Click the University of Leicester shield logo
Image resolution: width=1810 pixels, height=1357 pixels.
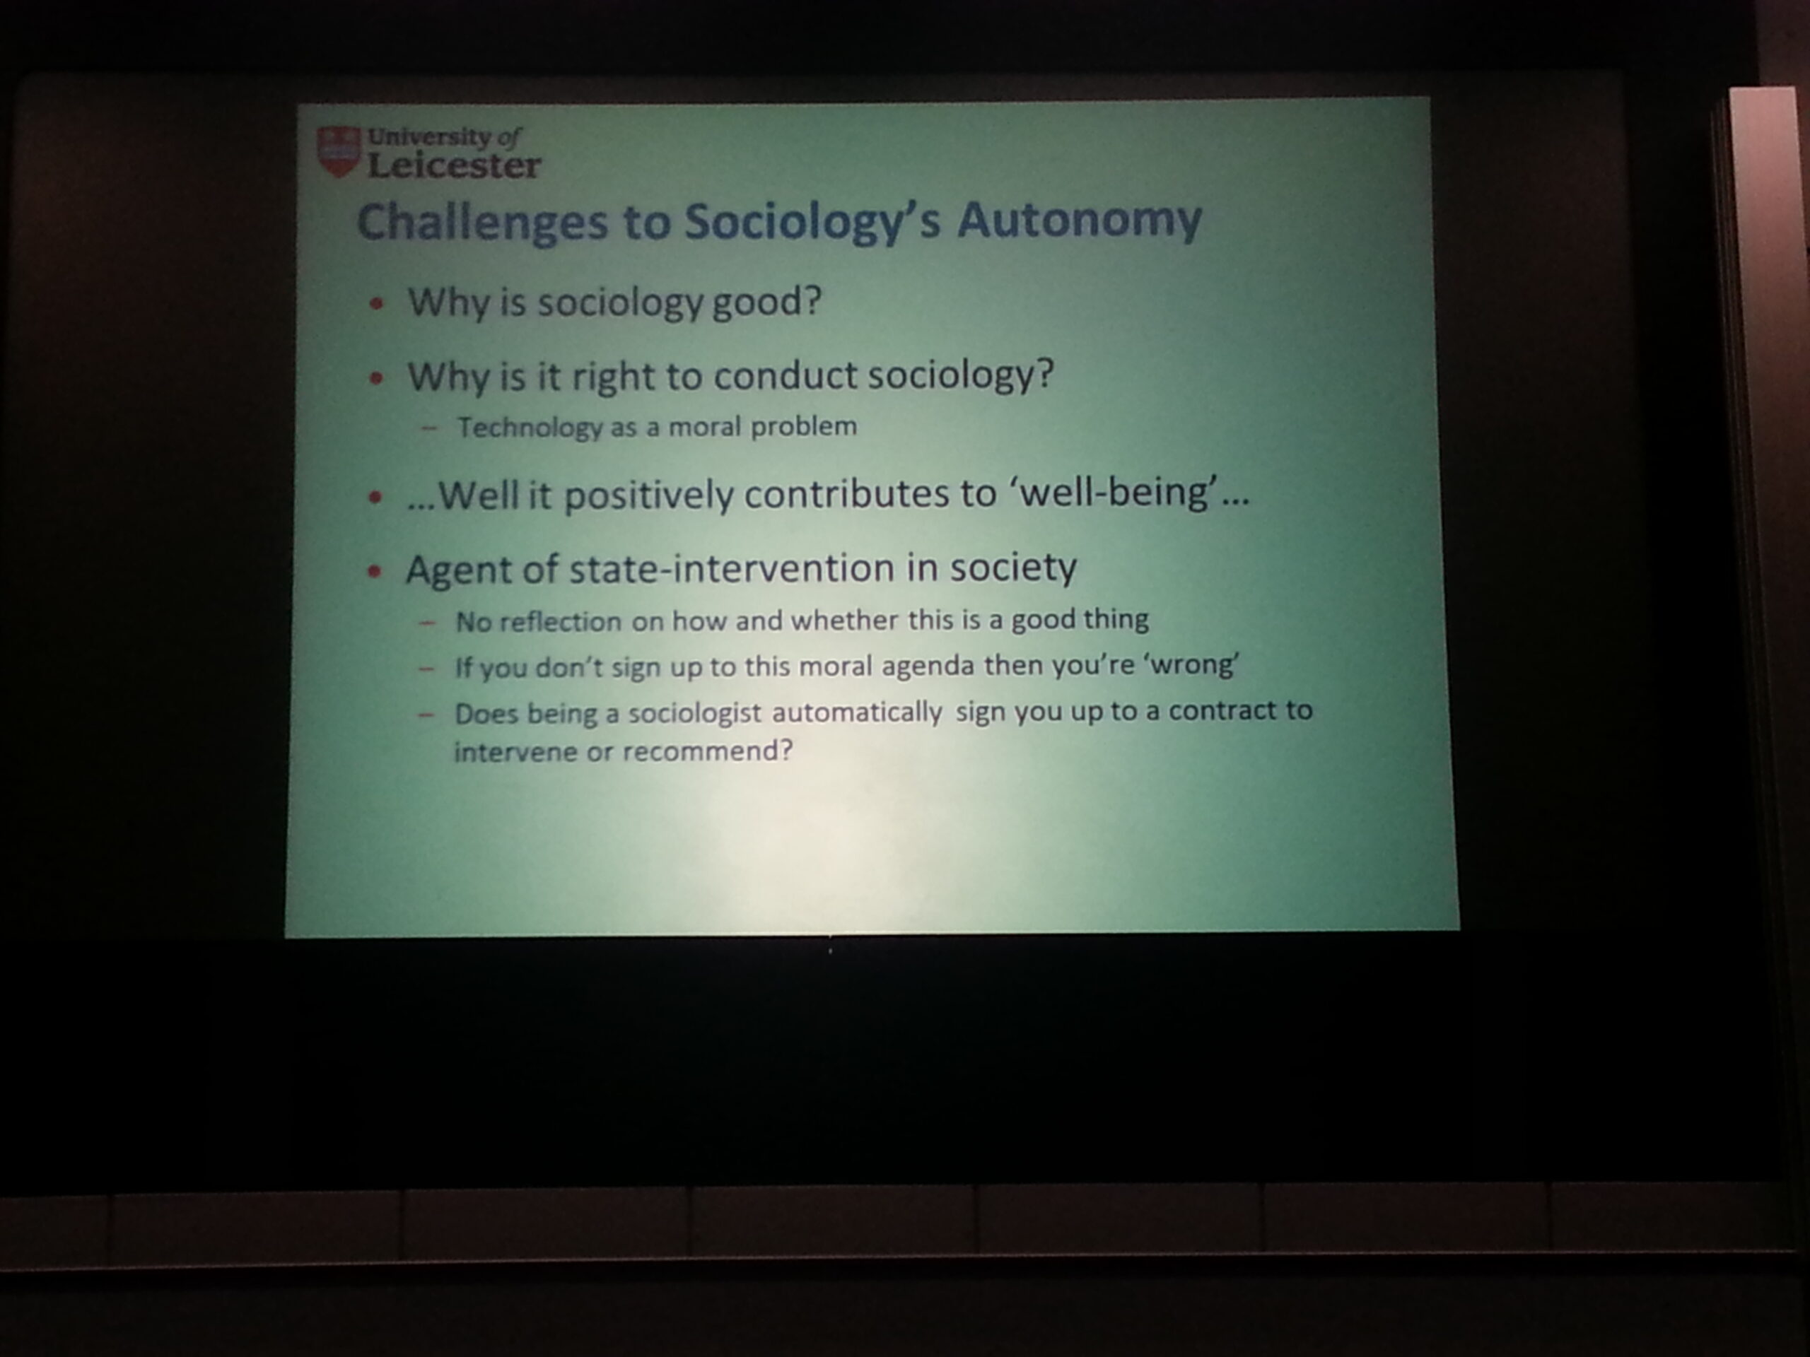click(339, 151)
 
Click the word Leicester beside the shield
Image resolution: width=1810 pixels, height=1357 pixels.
click(454, 166)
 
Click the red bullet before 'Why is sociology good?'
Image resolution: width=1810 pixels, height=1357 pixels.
click(376, 303)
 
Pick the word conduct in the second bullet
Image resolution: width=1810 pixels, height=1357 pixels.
click(785, 375)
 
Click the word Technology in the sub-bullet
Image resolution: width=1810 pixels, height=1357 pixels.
click(530, 427)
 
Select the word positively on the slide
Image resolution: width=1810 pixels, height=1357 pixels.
click(649, 495)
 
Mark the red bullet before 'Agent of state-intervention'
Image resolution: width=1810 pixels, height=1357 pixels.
click(375, 571)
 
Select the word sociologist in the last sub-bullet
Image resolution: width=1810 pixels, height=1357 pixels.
click(695, 714)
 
